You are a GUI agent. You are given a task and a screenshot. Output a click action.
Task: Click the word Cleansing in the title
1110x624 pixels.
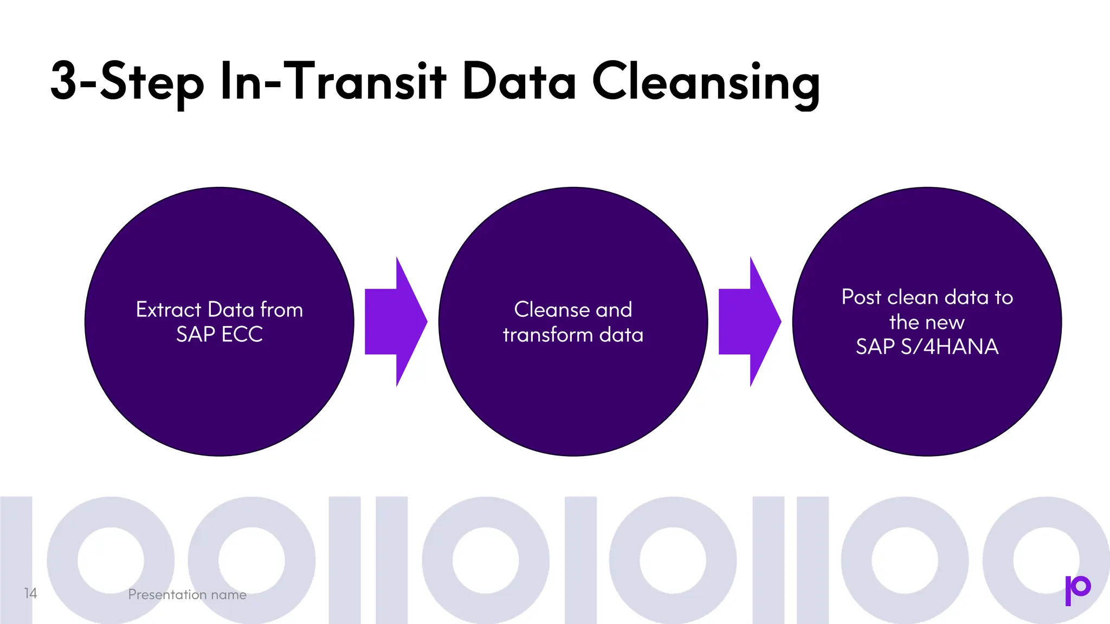click(x=706, y=82)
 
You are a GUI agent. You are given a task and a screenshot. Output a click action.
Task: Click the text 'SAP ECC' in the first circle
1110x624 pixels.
click(x=220, y=334)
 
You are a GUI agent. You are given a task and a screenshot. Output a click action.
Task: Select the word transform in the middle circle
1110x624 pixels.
click(x=547, y=335)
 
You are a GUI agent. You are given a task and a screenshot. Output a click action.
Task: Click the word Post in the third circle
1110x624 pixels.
click(x=861, y=297)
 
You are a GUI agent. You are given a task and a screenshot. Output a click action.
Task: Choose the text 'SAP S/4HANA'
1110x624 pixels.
click(x=927, y=347)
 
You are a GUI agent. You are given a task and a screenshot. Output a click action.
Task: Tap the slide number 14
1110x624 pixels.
click(x=30, y=594)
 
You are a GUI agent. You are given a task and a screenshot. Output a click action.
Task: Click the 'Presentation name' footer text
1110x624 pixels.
click(x=187, y=595)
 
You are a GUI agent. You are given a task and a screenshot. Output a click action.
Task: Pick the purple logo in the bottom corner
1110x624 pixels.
click(x=1077, y=589)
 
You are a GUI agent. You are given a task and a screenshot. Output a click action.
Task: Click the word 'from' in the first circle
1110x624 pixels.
click(x=281, y=310)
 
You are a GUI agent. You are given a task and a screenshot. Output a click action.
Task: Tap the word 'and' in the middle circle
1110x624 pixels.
click(x=614, y=310)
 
